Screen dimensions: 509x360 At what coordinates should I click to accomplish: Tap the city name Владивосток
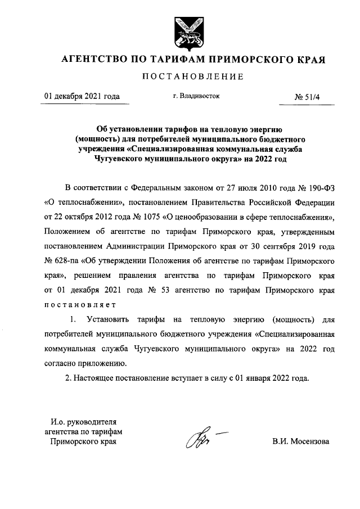point(201,96)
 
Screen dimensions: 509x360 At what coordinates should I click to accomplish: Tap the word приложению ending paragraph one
point(110,363)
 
